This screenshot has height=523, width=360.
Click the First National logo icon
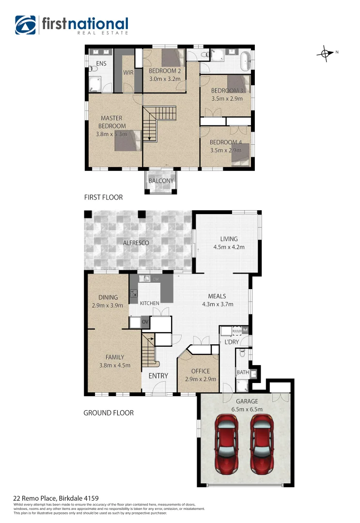[25, 25]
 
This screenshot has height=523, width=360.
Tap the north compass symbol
[326, 53]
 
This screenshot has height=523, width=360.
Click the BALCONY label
[161, 181]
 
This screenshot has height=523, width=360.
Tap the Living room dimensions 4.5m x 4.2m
[229, 247]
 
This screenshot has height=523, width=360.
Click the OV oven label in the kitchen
[145, 322]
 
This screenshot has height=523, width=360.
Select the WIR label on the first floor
[128, 73]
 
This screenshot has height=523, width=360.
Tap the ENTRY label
[158, 376]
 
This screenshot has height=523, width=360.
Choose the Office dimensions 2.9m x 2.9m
[197, 379]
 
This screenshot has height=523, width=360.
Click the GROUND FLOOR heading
[108, 413]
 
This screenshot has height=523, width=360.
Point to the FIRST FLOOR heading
[103, 198]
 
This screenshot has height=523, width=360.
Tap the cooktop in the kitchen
[133, 293]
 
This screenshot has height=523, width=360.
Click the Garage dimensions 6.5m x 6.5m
[247, 409]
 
